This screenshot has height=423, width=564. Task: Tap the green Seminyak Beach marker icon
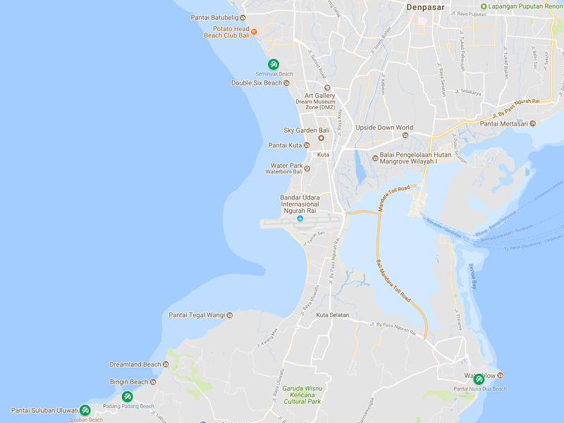(x=274, y=64)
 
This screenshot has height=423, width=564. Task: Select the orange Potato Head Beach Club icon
(x=255, y=31)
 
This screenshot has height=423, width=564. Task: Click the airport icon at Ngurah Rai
(x=300, y=219)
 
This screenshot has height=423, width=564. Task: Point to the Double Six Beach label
(x=257, y=83)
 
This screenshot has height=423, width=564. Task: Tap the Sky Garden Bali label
(x=307, y=130)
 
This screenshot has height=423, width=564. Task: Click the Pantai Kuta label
(x=285, y=145)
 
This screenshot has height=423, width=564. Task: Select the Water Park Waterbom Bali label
(x=284, y=168)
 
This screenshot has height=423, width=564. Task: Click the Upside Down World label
(x=384, y=128)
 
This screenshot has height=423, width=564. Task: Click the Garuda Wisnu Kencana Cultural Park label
(x=302, y=395)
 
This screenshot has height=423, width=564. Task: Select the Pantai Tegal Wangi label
(x=197, y=314)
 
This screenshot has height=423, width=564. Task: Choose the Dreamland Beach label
(x=135, y=364)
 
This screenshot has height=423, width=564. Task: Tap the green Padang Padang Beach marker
(x=127, y=396)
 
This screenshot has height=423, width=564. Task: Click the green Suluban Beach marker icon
(x=85, y=410)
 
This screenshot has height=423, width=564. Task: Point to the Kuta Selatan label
(x=333, y=314)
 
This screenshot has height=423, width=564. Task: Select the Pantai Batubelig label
(x=214, y=17)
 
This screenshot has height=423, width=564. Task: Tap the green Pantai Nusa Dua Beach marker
(x=479, y=379)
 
